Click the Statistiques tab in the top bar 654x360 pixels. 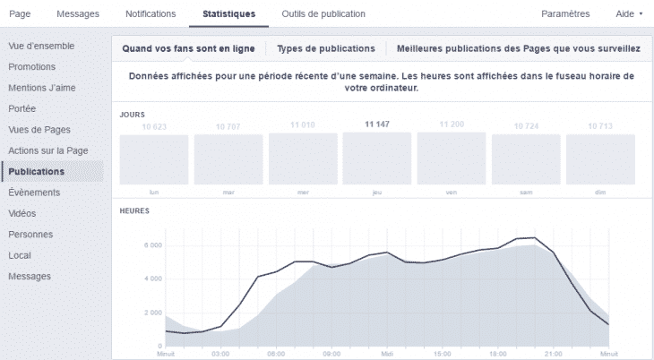228,13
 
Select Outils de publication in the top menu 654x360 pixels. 311,13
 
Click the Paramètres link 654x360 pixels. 566,13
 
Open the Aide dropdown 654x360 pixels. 630,13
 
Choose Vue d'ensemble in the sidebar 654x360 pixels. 41,46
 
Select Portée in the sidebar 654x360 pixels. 22,108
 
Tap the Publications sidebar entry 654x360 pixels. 36,171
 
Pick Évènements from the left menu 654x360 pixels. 34,193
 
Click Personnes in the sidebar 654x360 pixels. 30,235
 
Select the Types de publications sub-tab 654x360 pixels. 325,47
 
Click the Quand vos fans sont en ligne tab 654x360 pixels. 188,47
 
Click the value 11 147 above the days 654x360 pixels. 376,124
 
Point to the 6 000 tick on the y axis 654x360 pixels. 151,244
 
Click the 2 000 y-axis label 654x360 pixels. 151,313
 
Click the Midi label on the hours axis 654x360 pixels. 387,353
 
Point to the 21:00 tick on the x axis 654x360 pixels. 554,353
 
